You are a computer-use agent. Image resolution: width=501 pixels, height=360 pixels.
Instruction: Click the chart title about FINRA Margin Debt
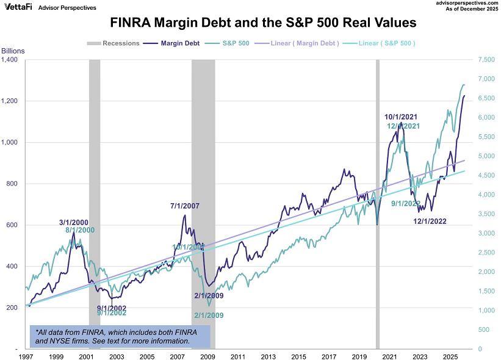263,23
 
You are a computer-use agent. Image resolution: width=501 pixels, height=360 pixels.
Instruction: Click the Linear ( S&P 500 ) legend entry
381,43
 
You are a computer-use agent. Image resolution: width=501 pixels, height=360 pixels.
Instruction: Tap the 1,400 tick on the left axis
10,60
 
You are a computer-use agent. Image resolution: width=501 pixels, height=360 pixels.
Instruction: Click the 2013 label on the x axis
268,356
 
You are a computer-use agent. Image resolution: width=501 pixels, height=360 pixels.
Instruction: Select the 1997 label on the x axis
26,356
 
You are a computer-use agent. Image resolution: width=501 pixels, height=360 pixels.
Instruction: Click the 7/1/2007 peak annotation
185,206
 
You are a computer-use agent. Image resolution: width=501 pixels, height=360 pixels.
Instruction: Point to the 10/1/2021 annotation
401,117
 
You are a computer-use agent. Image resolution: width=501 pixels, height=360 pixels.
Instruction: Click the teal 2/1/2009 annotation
209,315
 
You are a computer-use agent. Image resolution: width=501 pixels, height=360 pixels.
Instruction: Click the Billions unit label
13,50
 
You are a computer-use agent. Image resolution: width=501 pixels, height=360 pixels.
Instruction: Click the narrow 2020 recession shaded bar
377,201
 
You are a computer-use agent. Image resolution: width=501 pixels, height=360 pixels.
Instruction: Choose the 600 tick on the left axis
13,225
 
